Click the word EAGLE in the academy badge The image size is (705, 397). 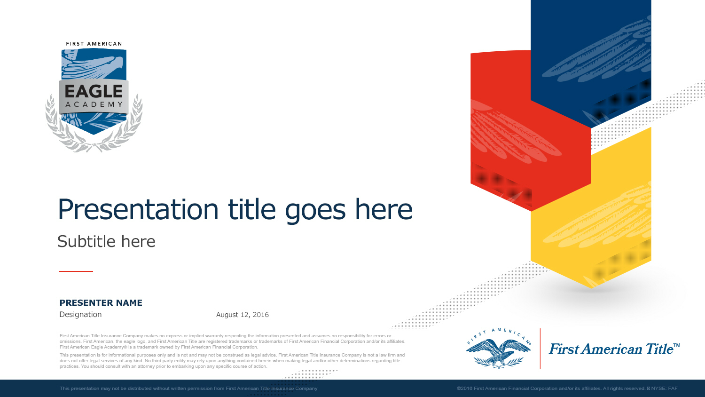tap(94, 91)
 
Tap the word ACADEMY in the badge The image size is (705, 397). tap(94, 104)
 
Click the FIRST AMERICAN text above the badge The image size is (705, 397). tap(94, 44)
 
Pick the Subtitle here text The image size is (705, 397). tap(106, 241)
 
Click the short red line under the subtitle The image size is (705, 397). tap(76, 271)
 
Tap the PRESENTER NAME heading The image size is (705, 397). tap(101, 303)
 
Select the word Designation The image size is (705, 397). tap(80, 315)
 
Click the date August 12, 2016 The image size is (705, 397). tap(243, 315)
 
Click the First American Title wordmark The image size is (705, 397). tap(611, 349)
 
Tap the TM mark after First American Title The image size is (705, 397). tap(677, 345)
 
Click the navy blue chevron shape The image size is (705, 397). tap(591, 52)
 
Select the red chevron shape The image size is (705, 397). tap(517, 132)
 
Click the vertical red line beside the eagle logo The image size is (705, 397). tap(540, 349)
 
